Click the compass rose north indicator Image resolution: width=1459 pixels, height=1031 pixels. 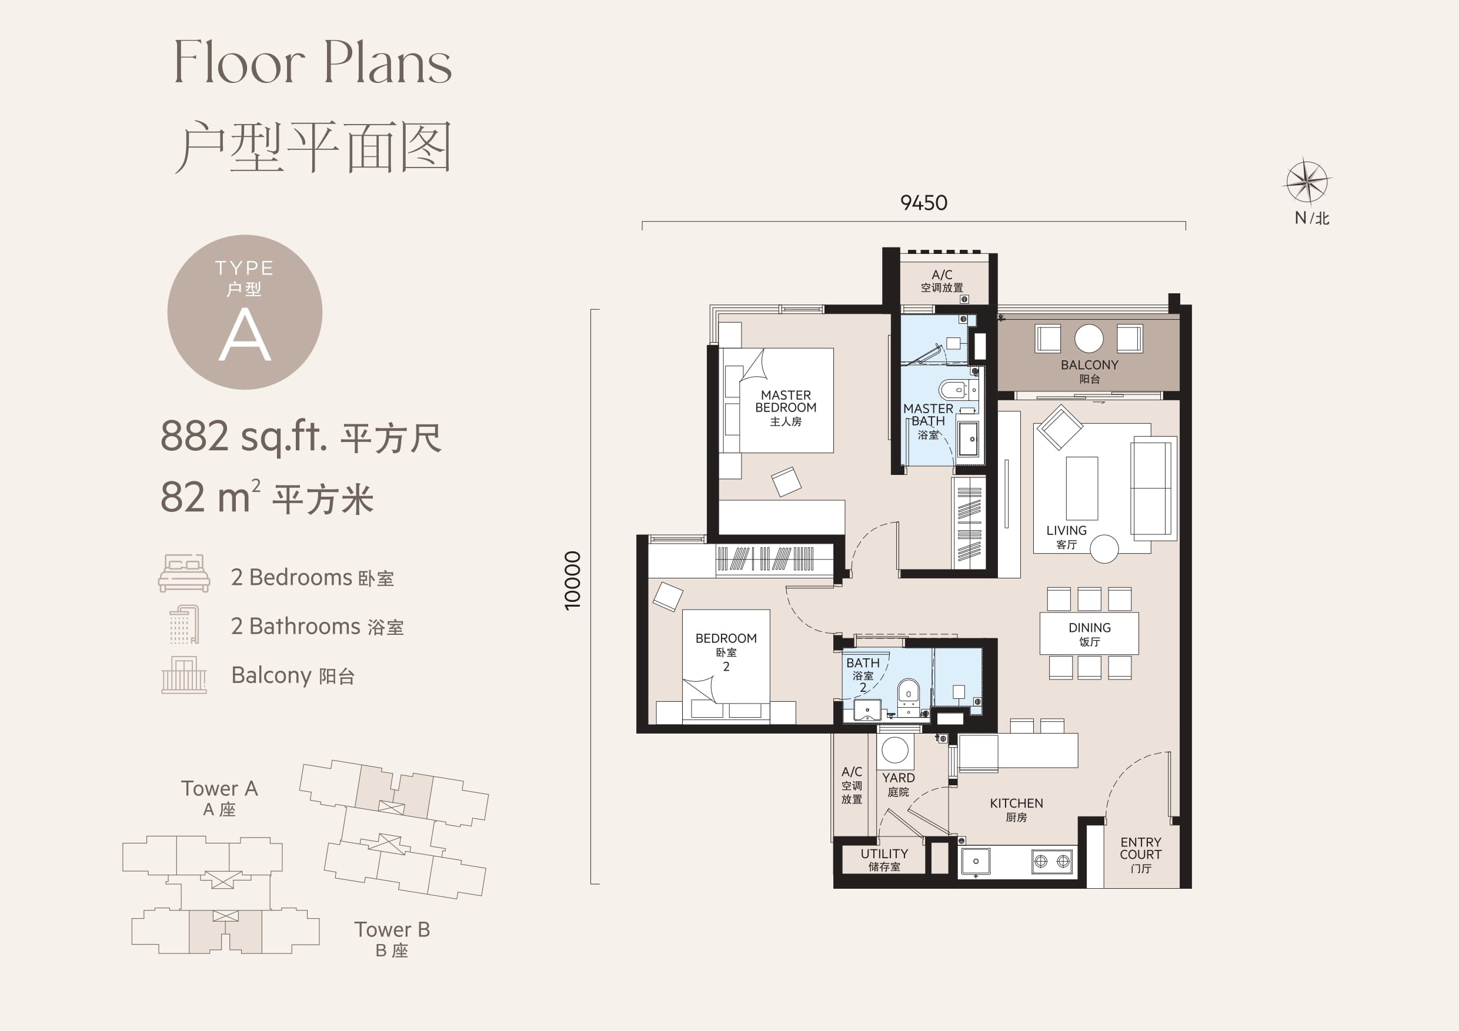tap(1307, 182)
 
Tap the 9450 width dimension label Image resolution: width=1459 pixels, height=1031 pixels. tap(923, 203)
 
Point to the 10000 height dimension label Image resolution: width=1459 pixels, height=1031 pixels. tap(573, 581)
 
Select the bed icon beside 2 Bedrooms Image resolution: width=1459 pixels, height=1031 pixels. tap(184, 573)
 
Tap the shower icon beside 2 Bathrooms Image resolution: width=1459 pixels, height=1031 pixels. tap(184, 624)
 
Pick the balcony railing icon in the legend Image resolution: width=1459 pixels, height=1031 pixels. tap(184, 675)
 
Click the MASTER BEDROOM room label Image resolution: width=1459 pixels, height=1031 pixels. tap(786, 408)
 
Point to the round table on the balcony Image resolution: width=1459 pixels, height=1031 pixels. tap(1089, 339)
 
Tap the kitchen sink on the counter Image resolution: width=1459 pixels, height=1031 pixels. tap(976, 861)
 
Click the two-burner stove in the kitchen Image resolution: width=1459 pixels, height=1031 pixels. tap(1051, 861)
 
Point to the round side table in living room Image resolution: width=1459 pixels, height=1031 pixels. tap(1104, 549)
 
